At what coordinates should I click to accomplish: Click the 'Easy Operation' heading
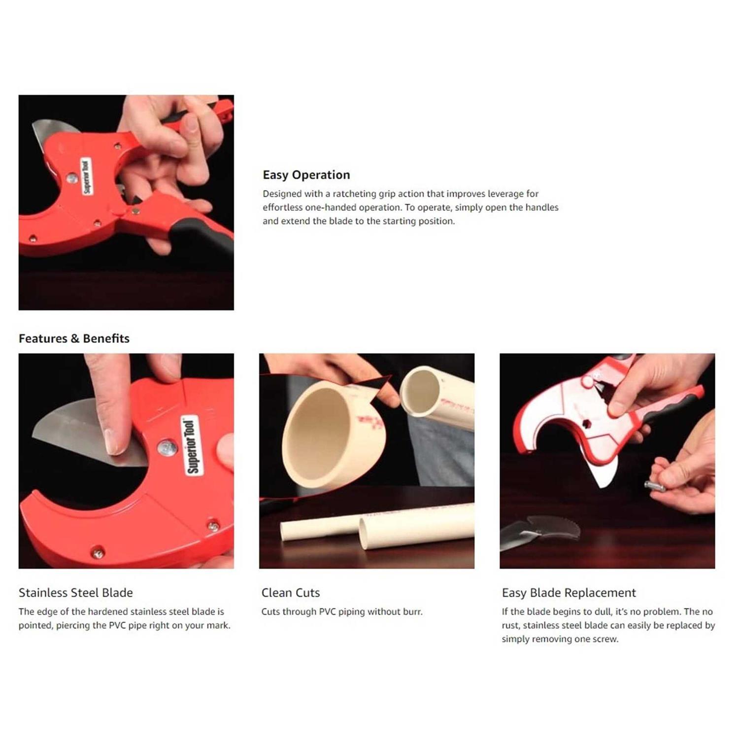[x=306, y=175]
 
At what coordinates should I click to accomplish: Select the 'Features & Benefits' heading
[x=74, y=338]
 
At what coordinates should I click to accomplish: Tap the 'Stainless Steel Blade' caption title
[x=76, y=593]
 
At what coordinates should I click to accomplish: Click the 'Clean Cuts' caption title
[x=290, y=593]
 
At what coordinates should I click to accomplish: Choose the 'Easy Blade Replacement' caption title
[x=569, y=593]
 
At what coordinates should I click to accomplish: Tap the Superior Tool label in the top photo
[x=86, y=176]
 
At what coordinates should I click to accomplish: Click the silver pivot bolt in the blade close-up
[x=167, y=448]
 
